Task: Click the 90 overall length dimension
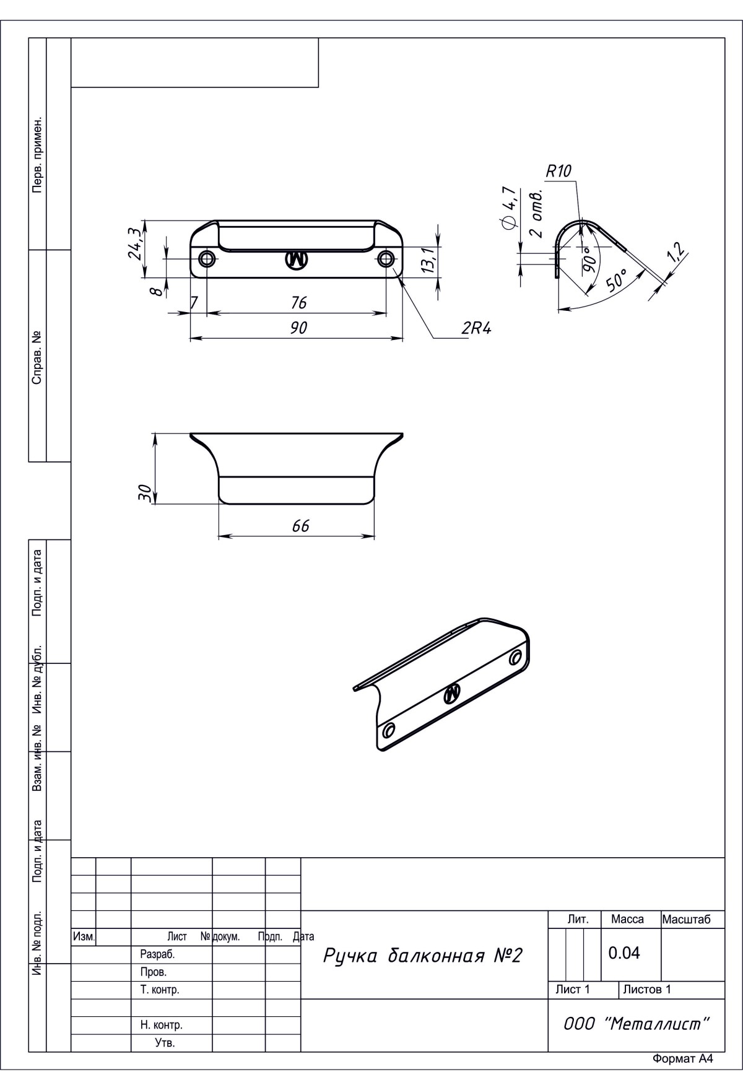coord(299,328)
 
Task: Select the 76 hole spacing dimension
coord(299,303)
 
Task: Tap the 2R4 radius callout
coord(476,328)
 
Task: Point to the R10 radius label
coord(558,172)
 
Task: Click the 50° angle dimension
coord(617,281)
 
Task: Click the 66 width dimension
coord(300,526)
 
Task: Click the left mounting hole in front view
coord(206,259)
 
